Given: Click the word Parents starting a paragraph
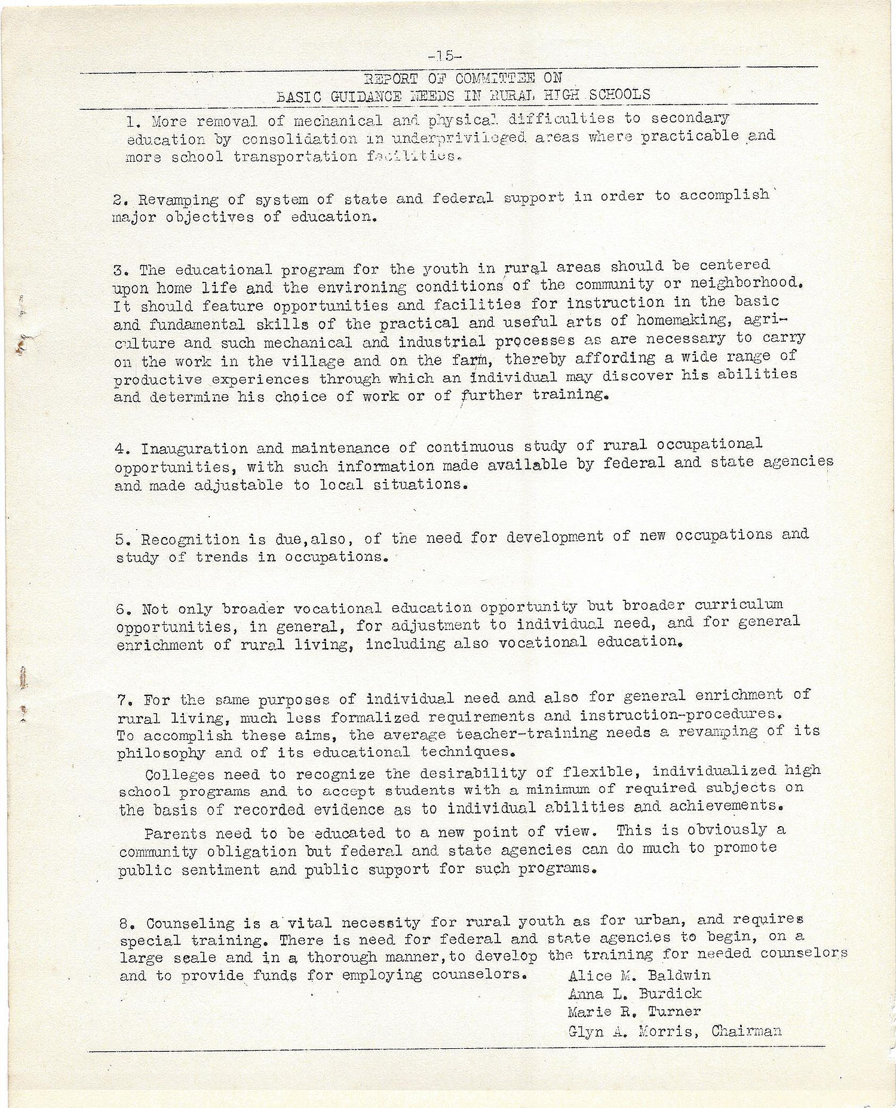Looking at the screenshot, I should click(175, 833).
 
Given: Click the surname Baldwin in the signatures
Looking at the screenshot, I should click(679, 976).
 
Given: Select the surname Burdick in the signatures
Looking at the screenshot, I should click(670, 993).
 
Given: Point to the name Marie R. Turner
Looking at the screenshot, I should click(634, 1011).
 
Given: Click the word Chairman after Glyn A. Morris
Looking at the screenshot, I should click(746, 1030).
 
